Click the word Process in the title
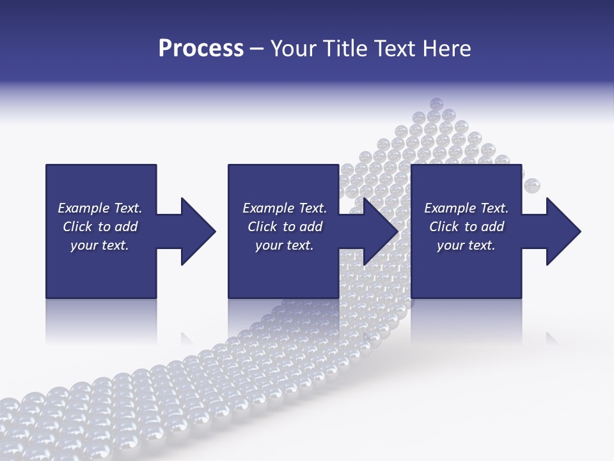[x=201, y=49]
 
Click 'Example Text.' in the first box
[x=100, y=208]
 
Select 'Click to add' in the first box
[x=100, y=227]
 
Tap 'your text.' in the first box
[x=100, y=245]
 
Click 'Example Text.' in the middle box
[x=285, y=208]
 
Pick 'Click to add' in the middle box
[x=285, y=227]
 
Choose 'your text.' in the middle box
[x=285, y=245]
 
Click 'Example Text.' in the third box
[x=466, y=208]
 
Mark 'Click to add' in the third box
[x=466, y=227]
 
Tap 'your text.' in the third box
[x=466, y=245]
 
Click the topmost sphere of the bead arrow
[x=437, y=104]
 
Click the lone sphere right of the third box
[x=532, y=186]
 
